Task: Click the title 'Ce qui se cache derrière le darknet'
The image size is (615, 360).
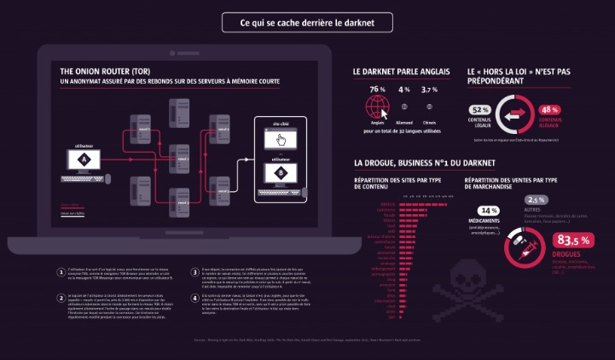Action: pos(307,23)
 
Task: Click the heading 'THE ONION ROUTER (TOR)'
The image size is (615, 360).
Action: pos(107,72)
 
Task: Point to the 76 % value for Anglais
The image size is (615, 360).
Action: pos(377,90)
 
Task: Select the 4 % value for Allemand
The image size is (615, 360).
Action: pos(403,90)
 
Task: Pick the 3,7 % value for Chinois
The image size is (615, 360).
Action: pos(430,90)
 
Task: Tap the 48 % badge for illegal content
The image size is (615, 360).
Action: pos(549,110)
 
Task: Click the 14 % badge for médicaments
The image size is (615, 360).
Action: pos(489,210)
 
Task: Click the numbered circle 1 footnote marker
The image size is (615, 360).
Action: pos(61,250)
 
